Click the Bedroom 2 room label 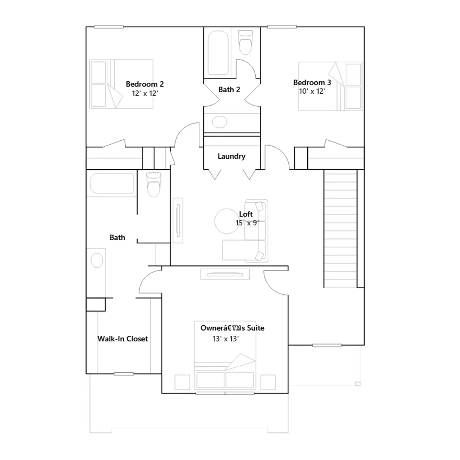click(145, 84)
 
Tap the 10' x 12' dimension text click(312, 91)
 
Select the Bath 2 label click(229, 90)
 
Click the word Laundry click(231, 156)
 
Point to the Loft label click(246, 214)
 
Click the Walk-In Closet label click(123, 339)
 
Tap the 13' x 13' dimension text click(226, 339)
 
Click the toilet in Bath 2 click(245, 42)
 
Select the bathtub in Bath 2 click(218, 53)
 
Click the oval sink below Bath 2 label click(220, 122)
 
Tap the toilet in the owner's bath click(154, 185)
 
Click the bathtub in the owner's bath click(112, 183)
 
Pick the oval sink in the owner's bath click(97, 260)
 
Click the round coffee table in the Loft click(227, 221)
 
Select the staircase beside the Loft click(340, 229)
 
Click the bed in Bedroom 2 click(121, 84)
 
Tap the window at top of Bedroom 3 click(282, 27)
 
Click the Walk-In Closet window click(124, 374)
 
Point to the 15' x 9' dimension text click(247, 223)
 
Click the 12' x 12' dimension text click(145, 93)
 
